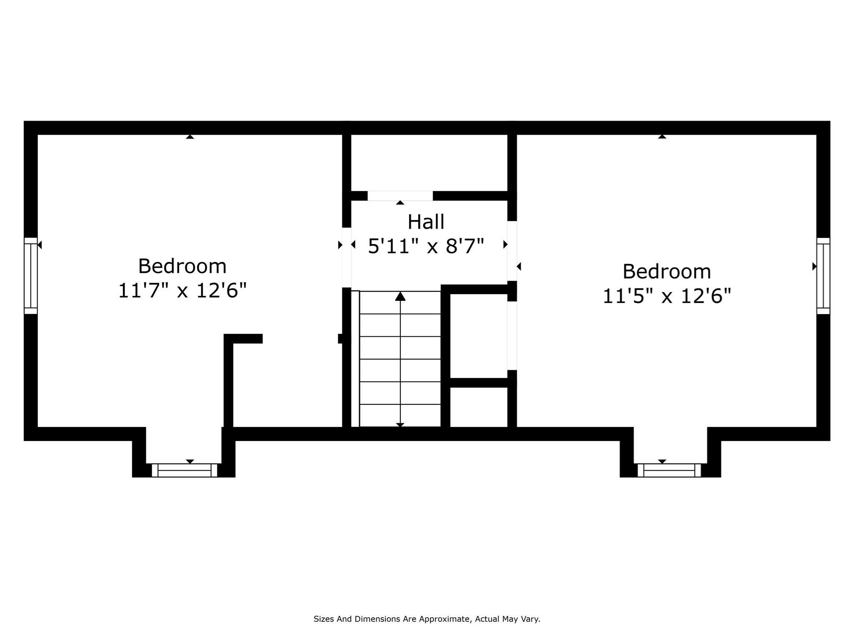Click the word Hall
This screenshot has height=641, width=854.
[426, 222]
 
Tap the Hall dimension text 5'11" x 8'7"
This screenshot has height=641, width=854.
[426, 246]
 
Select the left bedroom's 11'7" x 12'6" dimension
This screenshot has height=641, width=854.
[183, 290]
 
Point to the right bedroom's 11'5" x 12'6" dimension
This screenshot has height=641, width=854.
[667, 296]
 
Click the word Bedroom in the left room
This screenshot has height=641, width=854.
[182, 266]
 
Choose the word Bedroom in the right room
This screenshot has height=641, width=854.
[667, 272]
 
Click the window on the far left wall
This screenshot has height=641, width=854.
[31, 276]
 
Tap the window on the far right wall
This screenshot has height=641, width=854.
[823, 276]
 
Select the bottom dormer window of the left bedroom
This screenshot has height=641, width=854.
[184, 470]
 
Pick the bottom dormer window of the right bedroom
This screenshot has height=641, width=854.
[669, 470]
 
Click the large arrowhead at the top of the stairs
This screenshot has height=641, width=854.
[400, 296]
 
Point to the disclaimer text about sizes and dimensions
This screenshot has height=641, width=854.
[427, 619]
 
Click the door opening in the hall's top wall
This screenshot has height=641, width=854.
[400, 196]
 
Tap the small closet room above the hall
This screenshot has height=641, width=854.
[429, 163]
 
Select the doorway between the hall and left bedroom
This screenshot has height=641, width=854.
[347, 257]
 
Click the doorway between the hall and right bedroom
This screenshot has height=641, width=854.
[512, 251]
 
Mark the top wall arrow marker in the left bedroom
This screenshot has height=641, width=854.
[190, 137]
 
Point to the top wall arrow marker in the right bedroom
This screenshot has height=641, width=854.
[662, 136]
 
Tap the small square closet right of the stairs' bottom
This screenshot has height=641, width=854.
[479, 407]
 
